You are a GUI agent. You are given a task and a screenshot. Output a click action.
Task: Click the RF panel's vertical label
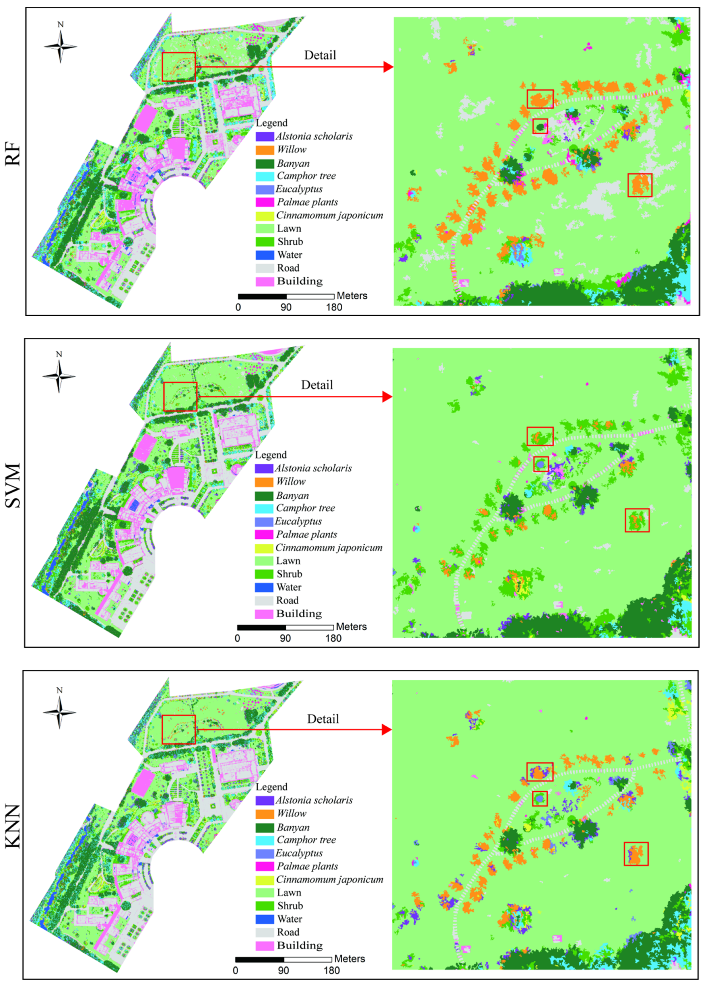tap(13, 154)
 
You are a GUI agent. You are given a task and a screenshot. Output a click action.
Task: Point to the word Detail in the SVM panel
tap(317, 385)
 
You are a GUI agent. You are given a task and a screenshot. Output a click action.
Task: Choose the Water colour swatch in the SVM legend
tap(264, 587)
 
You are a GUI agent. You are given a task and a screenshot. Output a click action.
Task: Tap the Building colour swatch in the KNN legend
tap(265, 945)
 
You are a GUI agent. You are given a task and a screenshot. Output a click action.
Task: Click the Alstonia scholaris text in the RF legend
tap(314, 136)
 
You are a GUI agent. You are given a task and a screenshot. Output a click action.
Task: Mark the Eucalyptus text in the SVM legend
tap(298, 521)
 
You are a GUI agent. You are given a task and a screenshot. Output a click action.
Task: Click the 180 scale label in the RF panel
tap(334, 307)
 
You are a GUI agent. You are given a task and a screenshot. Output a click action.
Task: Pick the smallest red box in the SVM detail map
tap(541, 464)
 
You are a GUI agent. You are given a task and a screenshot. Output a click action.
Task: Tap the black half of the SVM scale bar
tap(262, 627)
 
